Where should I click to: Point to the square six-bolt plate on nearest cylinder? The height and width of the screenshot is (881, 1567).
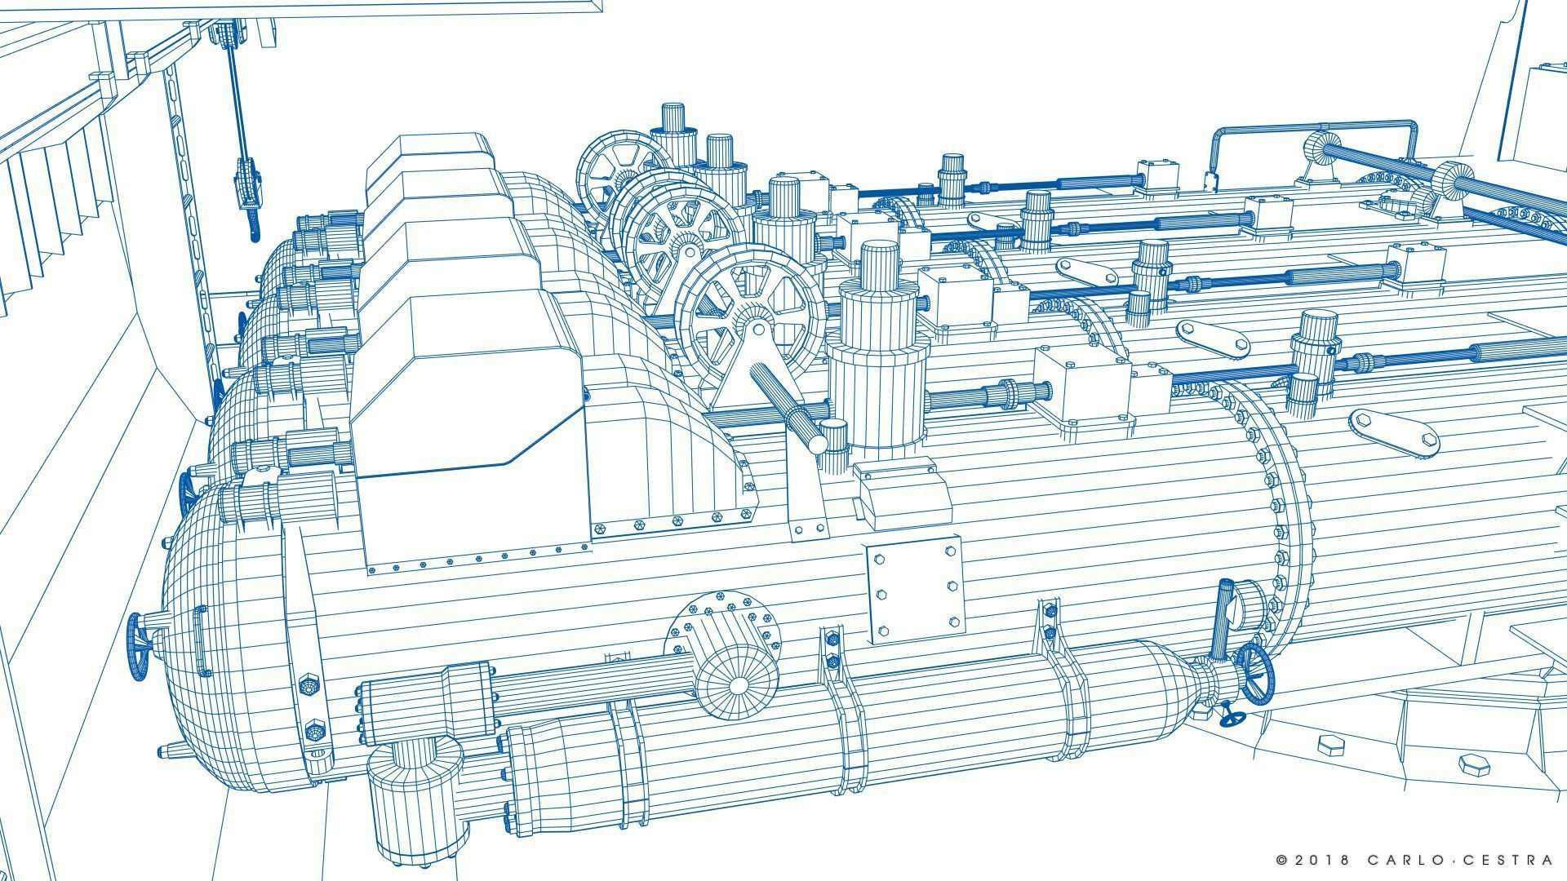click(915, 589)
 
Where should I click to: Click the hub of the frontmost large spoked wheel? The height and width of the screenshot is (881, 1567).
click(758, 330)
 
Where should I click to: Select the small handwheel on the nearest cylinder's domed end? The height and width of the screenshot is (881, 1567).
click(139, 644)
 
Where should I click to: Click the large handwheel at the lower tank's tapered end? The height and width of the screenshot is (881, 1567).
click(1254, 674)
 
